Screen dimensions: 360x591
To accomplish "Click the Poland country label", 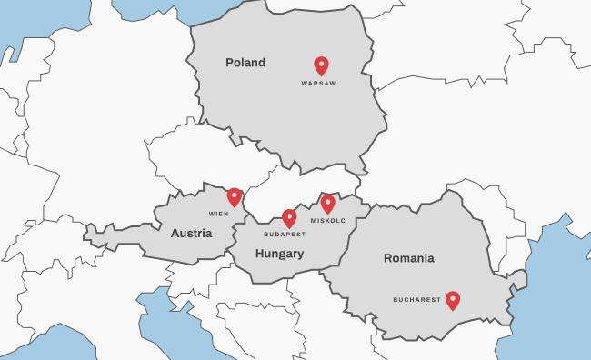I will pyautogui.click(x=245, y=63).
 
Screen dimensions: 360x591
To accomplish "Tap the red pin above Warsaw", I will pyautogui.click(x=321, y=65).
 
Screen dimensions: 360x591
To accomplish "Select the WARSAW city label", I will pyautogui.click(x=318, y=84).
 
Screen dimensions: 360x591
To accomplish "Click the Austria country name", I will pyautogui.click(x=191, y=234).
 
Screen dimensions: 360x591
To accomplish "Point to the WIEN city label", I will pyautogui.click(x=218, y=214).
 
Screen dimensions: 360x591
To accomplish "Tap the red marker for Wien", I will pyautogui.click(x=235, y=196).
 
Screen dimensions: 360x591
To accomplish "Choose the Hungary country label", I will pyautogui.click(x=279, y=254).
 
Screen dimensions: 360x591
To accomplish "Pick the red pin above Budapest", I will pyautogui.click(x=289, y=217).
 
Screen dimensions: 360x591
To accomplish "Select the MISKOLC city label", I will pyautogui.click(x=327, y=221).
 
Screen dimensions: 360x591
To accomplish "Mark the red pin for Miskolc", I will pyautogui.click(x=328, y=204).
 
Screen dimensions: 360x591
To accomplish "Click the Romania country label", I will pyautogui.click(x=408, y=258).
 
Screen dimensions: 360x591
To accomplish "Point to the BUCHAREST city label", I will pyautogui.click(x=416, y=299).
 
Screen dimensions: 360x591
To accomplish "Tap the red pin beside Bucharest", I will pyautogui.click(x=452, y=300).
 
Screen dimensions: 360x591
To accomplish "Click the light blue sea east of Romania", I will pyautogui.click(x=555, y=300).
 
